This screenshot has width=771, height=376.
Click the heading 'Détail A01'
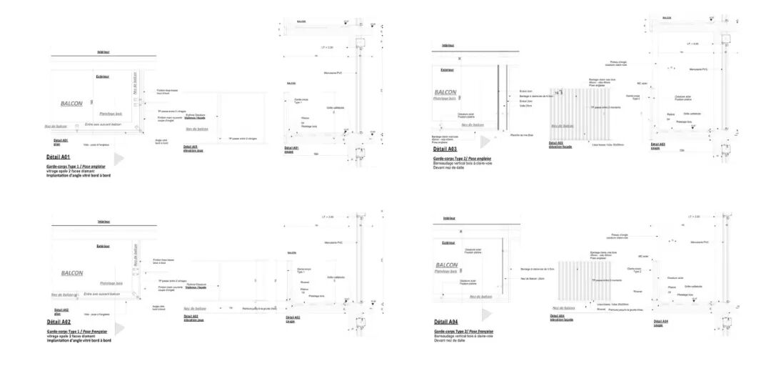tap(58, 155)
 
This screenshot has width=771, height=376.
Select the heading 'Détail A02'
tap(58, 322)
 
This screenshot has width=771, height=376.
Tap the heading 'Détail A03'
tap(445, 149)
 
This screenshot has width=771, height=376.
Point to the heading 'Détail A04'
tap(445, 322)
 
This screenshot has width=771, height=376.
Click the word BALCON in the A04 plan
tap(447, 264)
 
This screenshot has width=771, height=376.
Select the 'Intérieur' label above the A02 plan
tap(104, 222)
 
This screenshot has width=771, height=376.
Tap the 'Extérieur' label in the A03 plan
tap(447, 70)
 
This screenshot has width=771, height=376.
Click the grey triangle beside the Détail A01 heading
tap(119, 158)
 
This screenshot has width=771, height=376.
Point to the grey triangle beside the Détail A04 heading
tap(487, 315)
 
